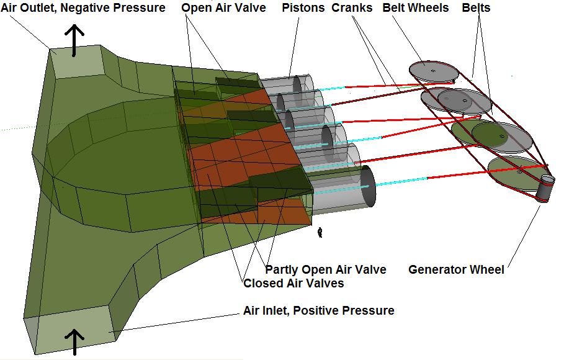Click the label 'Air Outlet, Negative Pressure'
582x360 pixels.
[x=83, y=8]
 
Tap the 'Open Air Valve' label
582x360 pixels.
[x=223, y=8]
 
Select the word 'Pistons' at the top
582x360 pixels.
[x=303, y=8]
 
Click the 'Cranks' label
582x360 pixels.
[x=352, y=8]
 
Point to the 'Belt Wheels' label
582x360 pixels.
[x=415, y=8]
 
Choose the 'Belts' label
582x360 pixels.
[x=476, y=8]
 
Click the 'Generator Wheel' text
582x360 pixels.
[x=456, y=269]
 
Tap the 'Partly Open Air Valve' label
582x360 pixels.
[x=326, y=269]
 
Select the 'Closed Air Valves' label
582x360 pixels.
[x=293, y=283]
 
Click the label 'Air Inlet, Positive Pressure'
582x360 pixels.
[x=319, y=310]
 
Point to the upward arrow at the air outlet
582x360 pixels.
[x=74, y=40]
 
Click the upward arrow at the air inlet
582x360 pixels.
[x=74, y=342]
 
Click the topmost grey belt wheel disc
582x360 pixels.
[x=434, y=71]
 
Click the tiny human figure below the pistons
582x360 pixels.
[x=320, y=233]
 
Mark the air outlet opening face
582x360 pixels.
[x=77, y=61]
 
